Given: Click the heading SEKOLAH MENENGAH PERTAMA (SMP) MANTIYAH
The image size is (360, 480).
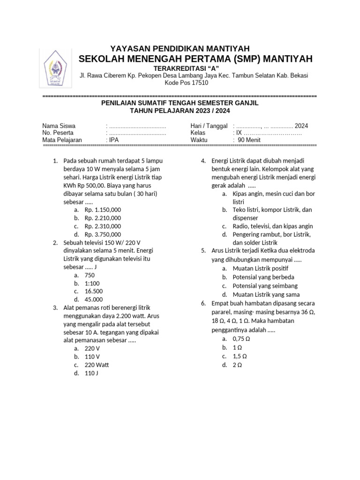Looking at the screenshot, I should pyautogui.click(x=195, y=59).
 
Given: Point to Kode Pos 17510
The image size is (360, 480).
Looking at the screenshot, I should pyautogui.click(x=187, y=83).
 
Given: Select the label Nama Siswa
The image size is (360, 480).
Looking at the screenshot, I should pyautogui.click(x=59, y=126).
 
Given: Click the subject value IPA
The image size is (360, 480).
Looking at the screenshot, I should pyautogui.click(x=114, y=140).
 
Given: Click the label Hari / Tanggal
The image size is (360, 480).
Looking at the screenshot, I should pyautogui.click(x=209, y=126).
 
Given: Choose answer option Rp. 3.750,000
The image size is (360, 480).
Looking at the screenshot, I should pyautogui.click(x=103, y=234).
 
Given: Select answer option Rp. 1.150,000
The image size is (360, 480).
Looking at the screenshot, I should pyautogui.click(x=103, y=210).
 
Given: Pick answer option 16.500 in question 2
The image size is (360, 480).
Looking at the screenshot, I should pyautogui.click(x=94, y=292).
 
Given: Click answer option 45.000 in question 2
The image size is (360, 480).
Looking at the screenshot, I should pyautogui.click(x=94, y=300).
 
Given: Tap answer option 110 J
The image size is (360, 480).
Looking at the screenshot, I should pyautogui.click(x=91, y=374).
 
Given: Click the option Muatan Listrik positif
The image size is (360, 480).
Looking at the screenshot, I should pyautogui.click(x=261, y=269).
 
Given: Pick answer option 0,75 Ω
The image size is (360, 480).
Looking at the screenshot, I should pyautogui.click(x=241, y=338).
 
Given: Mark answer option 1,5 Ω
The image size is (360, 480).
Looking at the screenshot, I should pyautogui.click(x=240, y=356).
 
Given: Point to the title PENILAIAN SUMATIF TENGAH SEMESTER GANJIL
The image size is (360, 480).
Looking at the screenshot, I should pyautogui.click(x=180, y=103).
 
